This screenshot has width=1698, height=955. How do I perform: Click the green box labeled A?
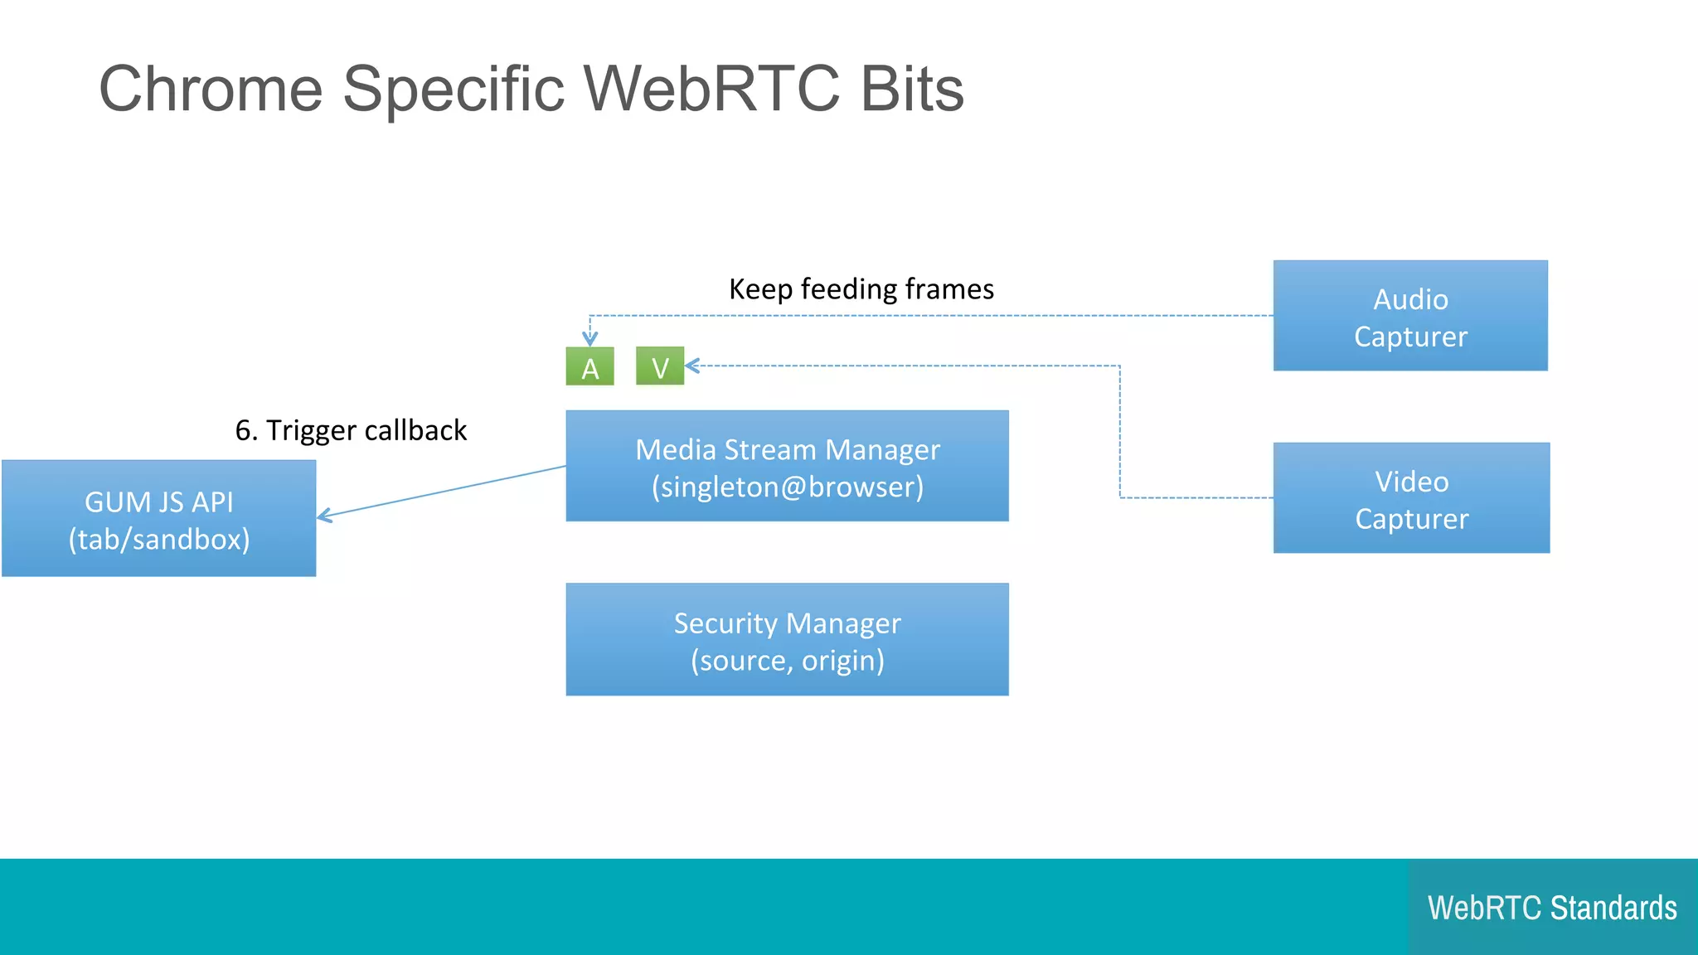(x=589, y=366)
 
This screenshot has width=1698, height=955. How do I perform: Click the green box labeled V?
(x=660, y=366)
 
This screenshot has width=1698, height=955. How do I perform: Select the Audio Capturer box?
(x=1410, y=316)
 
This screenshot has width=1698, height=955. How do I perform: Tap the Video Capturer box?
(x=1411, y=498)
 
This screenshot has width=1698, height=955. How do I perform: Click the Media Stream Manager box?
(x=787, y=466)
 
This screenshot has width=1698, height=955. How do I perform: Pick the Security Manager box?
(x=787, y=639)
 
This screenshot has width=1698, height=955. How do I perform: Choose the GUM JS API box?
(x=158, y=518)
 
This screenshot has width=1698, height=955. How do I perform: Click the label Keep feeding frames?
(x=861, y=288)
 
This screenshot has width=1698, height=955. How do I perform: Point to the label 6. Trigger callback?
(x=351, y=430)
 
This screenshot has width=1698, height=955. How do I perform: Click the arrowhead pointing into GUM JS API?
(x=324, y=516)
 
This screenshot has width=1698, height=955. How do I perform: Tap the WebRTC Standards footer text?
(x=1552, y=908)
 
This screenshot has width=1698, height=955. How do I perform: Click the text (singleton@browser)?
(x=787, y=487)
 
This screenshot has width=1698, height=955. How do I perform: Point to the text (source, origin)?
(x=787, y=661)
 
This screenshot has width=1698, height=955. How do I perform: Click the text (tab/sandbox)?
(x=158, y=539)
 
